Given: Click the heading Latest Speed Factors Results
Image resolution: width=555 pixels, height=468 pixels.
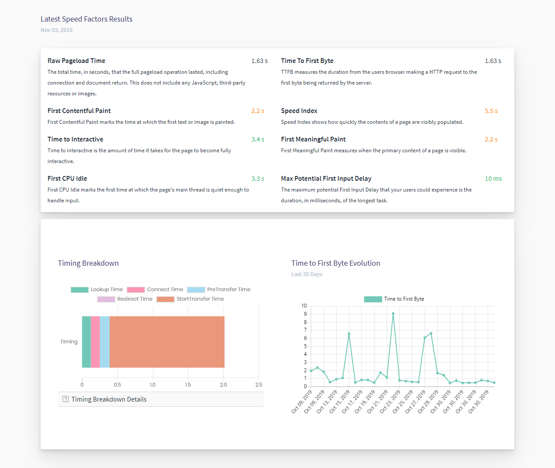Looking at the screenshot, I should [86, 19].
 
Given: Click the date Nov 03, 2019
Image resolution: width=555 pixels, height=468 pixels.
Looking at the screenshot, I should [57, 30].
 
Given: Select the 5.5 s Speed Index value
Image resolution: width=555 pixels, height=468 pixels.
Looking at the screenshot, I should [491, 111].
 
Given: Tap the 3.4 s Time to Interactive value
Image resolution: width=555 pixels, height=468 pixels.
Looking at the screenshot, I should [258, 139].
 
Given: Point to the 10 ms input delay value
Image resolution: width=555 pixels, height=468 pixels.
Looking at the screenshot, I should [493, 179].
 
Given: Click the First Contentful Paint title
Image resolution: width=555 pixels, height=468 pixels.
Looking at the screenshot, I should [79, 111].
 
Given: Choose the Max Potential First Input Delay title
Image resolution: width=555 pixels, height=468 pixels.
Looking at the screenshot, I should [326, 179].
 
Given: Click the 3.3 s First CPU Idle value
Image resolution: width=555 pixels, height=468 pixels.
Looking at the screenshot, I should [258, 179].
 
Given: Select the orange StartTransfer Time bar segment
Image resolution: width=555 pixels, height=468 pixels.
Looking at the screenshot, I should [167, 342].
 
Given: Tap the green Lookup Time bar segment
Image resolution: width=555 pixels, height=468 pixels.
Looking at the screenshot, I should [86, 342].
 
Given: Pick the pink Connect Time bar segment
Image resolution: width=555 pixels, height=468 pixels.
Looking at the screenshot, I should [95, 342].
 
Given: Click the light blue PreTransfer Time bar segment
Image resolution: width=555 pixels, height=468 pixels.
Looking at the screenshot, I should [105, 342].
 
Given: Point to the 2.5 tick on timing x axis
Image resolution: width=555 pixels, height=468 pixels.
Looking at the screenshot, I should [259, 385].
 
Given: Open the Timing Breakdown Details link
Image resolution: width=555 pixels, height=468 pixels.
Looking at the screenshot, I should [109, 399].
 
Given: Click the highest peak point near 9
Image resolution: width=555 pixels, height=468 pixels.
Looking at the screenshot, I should [393, 314].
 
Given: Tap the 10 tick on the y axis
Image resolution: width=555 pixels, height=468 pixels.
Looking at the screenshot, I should [304, 306].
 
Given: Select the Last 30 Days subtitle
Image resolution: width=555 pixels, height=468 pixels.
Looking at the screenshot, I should [307, 274].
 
